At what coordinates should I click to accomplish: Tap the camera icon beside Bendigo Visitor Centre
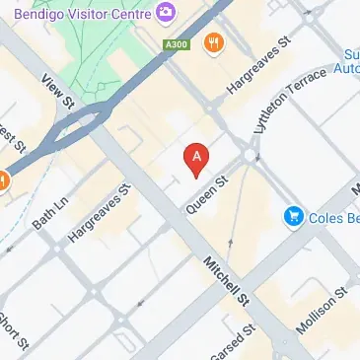(165, 11)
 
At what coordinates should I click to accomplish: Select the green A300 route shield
(176, 45)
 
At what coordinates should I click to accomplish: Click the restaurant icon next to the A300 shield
(212, 42)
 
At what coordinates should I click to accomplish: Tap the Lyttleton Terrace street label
(291, 108)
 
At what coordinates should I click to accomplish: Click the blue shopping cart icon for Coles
(293, 215)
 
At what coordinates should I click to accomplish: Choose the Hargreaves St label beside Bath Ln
(100, 213)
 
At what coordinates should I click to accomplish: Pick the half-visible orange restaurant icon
(3, 180)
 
